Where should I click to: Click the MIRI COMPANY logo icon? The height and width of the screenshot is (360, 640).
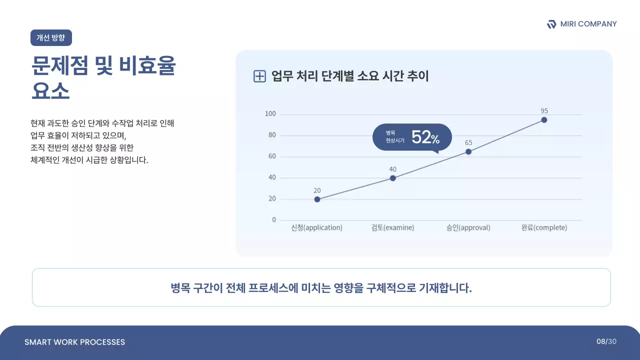click(x=551, y=24)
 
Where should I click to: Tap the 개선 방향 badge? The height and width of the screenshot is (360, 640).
click(x=51, y=37)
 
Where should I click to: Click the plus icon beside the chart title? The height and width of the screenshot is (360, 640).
click(x=259, y=76)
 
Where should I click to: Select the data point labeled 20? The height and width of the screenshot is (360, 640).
click(x=317, y=199)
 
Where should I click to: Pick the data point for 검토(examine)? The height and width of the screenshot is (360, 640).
click(x=392, y=178)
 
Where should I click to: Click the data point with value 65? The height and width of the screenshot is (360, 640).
click(x=468, y=151)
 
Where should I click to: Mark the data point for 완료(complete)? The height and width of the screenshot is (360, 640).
click(x=544, y=120)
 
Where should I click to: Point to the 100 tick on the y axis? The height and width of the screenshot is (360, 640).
click(x=270, y=114)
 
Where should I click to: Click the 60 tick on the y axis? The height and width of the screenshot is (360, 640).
click(x=271, y=156)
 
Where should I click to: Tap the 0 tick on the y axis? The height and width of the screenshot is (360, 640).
click(x=273, y=220)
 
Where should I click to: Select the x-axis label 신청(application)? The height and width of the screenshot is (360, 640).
click(x=316, y=227)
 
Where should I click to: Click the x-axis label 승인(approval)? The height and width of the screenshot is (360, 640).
click(x=468, y=227)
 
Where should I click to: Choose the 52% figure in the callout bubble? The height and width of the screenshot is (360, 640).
click(x=425, y=137)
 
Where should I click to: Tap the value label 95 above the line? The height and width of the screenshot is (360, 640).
click(x=544, y=110)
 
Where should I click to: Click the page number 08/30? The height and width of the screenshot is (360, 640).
click(x=606, y=341)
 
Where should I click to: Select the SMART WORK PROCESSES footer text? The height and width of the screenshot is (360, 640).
click(x=74, y=342)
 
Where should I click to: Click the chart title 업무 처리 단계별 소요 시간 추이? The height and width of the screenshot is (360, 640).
click(x=349, y=76)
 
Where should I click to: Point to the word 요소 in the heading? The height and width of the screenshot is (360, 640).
click(x=50, y=91)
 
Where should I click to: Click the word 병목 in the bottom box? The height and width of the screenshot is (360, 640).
click(x=180, y=288)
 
